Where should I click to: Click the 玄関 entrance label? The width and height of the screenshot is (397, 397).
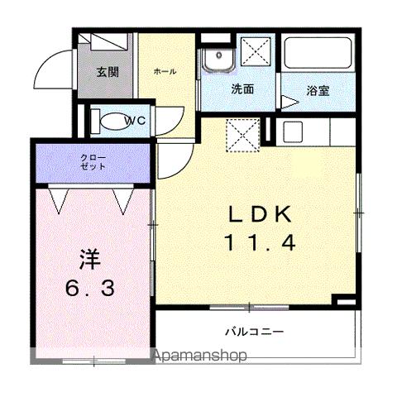[x=106, y=72]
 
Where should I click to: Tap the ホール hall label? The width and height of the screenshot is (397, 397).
[x=164, y=72]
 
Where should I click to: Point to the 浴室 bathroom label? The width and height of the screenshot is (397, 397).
[x=318, y=89]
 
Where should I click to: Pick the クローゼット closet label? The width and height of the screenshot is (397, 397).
[x=93, y=161]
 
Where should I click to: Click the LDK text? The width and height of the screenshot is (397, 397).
[x=260, y=213]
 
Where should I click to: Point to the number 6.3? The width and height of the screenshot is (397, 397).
[x=90, y=291]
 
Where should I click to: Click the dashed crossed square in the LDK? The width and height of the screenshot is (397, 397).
[x=242, y=135]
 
